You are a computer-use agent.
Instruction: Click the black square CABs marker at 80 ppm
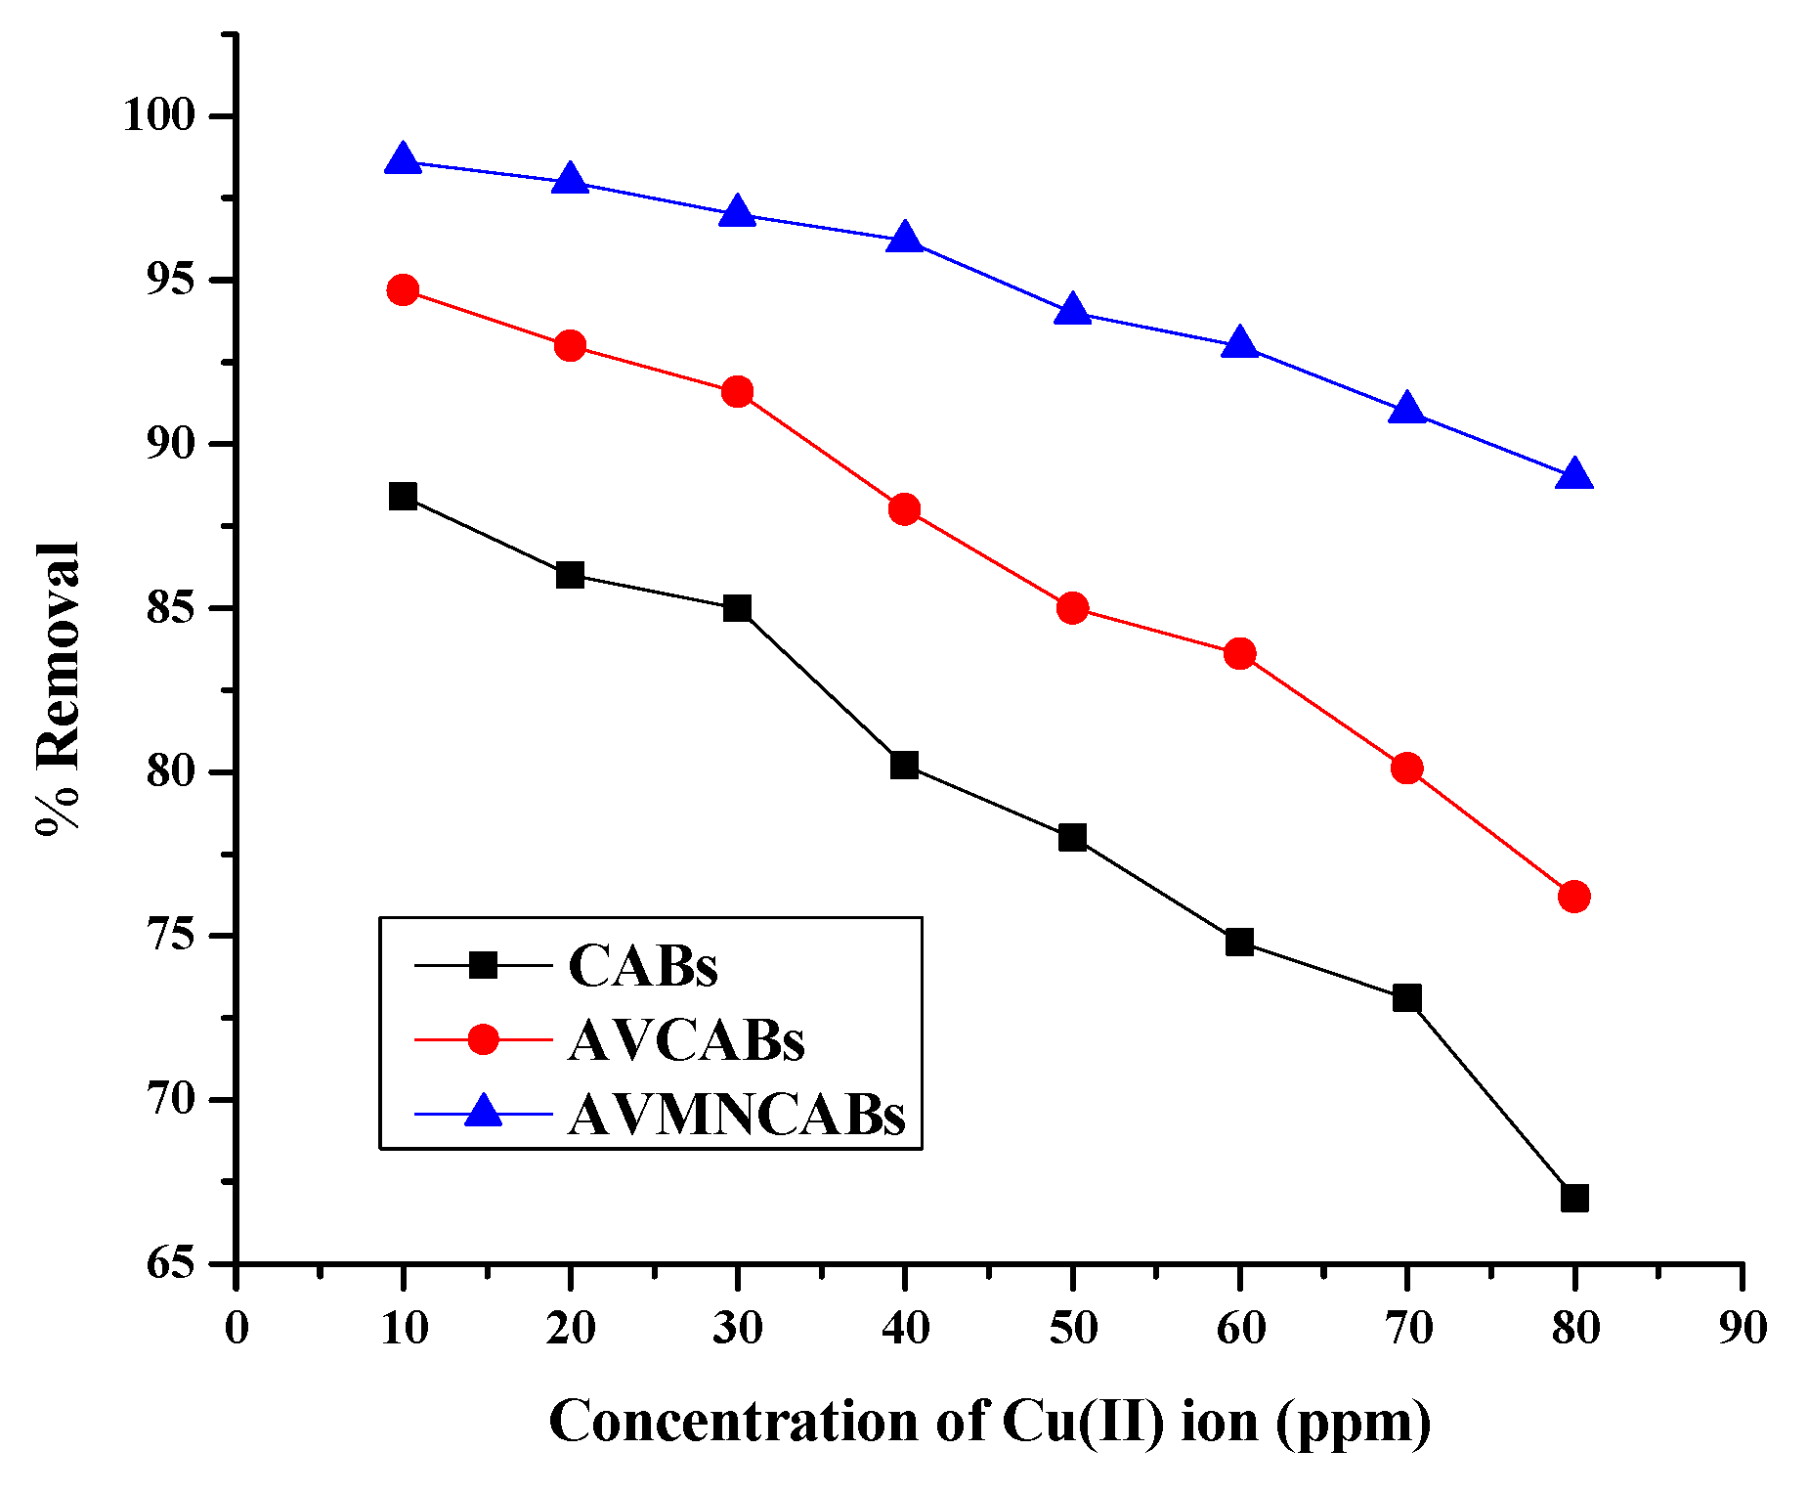pos(1574,1198)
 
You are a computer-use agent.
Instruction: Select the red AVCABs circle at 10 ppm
pos(403,290)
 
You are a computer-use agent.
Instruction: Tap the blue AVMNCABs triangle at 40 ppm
pos(905,238)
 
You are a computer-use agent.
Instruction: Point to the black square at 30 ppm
pos(738,608)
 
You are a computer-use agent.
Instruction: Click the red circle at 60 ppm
pos(1240,654)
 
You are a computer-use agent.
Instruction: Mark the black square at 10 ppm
pos(403,497)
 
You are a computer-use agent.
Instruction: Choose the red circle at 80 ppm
pos(1574,897)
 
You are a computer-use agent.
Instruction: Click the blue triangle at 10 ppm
pos(403,159)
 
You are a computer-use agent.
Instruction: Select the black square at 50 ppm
pos(1072,838)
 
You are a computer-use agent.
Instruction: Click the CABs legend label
pos(643,966)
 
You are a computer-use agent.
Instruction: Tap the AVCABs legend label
pos(686,1040)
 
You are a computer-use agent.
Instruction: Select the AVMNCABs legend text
pos(737,1114)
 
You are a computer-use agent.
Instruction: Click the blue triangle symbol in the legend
pos(483,1112)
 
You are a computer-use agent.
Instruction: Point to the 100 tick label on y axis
pos(158,115)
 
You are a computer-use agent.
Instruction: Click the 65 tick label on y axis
pos(171,1263)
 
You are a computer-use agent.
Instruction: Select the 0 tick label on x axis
pos(237,1329)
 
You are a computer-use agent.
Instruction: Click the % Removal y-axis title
pos(57,688)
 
